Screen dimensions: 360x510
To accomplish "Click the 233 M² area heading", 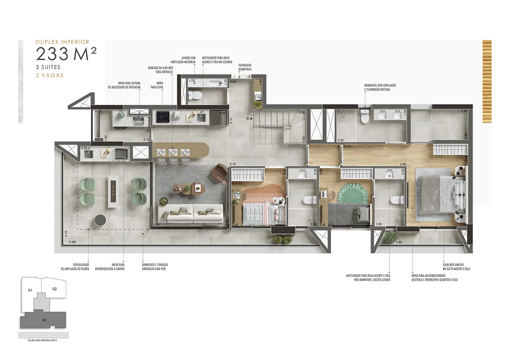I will (66, 54).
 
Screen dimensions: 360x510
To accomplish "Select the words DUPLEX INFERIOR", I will (63, 41).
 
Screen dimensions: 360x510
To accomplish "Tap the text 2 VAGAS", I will (49, 75).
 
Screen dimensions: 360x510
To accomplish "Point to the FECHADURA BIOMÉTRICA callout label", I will (245, 67).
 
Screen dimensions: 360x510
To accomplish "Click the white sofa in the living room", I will (190, 214).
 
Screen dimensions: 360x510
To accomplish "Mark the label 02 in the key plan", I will (55, 289).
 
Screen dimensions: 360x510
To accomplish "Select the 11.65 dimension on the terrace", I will (72, 242).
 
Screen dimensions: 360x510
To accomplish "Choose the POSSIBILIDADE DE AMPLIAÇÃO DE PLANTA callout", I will (75, 266).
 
